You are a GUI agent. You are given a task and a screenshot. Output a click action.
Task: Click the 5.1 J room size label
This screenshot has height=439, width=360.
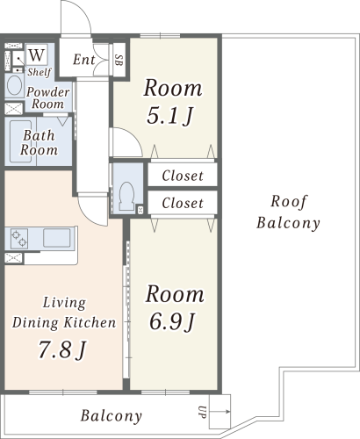pos(170,116)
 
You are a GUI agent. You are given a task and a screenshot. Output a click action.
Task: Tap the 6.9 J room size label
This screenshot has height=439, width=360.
pos(172,321)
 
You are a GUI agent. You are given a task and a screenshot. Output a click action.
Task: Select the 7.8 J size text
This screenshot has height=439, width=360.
pos(62,350)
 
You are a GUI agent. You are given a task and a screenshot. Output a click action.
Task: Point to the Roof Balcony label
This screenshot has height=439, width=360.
pos(288,212)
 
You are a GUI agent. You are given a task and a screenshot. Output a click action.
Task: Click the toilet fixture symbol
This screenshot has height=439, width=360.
pos(126,196)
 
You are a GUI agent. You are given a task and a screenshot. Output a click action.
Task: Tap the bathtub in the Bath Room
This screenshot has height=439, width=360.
pos(21,141)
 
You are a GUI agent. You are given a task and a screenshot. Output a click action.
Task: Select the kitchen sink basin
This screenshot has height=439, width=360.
pos(57,238)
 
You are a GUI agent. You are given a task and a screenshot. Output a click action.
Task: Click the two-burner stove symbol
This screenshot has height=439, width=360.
pos(19,239)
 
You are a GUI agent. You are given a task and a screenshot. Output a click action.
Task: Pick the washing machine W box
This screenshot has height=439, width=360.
pos(37,54)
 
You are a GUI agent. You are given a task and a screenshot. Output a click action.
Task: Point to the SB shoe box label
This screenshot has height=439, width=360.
pos(119,60)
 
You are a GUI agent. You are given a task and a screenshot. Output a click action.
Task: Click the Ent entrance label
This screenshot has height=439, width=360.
pos(84,60)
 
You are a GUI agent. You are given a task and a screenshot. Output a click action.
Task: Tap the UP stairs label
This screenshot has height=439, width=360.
pos(202,412)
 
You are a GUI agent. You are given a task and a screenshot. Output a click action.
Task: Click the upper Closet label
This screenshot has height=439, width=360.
pos(183,176)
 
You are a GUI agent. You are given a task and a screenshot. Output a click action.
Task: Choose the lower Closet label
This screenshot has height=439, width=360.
pos(183,203)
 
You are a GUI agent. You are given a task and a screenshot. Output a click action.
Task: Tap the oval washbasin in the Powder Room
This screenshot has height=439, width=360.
pos(14,85)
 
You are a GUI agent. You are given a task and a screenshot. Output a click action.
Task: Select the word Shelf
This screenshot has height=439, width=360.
pos(40,72)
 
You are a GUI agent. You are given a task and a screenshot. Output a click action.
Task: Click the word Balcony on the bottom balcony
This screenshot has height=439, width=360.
pos(112,416)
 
